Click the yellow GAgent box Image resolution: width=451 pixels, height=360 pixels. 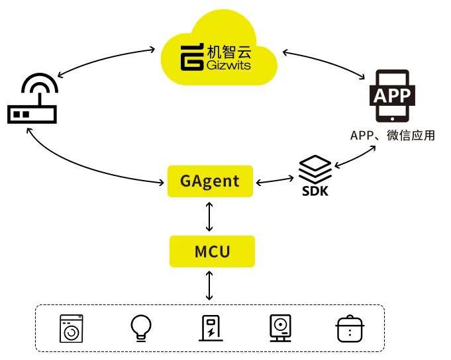coord(210,181)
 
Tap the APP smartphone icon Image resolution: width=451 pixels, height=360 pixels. coord(392,95)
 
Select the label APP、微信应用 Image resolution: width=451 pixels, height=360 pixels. coord(392,136)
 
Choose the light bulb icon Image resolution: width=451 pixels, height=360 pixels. coord(140,327)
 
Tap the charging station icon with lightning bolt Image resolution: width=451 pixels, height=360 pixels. coord(211,328)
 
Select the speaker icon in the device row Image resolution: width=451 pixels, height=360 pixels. coord(280,328)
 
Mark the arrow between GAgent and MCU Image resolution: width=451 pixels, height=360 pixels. coord(210,216)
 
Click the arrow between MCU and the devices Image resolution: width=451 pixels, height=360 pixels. coord(210,286)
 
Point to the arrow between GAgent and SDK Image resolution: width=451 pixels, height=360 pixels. coord(275,180)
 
